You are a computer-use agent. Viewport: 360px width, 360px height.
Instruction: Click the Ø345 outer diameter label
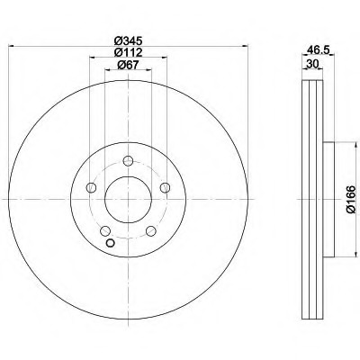pyautogui.click(x=128, y=40)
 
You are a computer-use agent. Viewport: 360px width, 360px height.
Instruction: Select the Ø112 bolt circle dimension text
pyautogui.click(x=128, y=52)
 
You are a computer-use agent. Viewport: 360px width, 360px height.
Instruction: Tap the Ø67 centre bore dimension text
pyautogui.click(x=128, y=65)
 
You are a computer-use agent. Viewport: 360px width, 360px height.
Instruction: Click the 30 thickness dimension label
pyautogui.click(x=312, y=64)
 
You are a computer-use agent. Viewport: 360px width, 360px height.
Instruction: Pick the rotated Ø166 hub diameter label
pyautogui.click(x=351, y=199)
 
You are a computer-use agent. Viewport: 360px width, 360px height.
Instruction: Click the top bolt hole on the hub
pyautogui.click(x=129, y=161)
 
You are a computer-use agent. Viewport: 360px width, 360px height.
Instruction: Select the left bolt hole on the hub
pyautogui.click(x=91, y=188)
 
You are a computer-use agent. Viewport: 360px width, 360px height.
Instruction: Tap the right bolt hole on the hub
pyautogui.click(x=166, y=188)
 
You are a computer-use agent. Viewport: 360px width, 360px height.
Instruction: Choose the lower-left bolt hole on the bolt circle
pyautogui.click(x=105, y=231)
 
